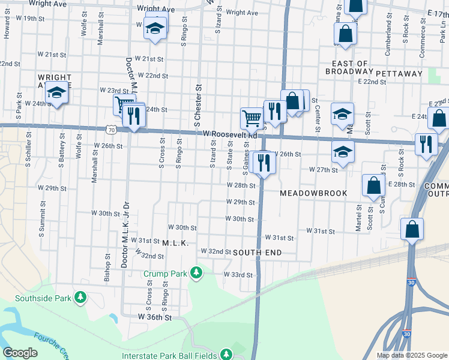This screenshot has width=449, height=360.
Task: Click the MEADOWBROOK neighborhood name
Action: tap(314, 193)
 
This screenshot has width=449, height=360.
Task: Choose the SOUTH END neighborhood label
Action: tap(257, 253)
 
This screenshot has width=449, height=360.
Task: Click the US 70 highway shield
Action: tap(110, 129)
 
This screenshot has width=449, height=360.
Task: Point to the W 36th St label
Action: tap(155, 316)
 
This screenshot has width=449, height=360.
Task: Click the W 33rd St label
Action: tap(238, 274)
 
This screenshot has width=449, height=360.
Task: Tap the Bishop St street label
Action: tap(107, 268)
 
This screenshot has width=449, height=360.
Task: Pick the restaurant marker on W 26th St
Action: tap(264, 162)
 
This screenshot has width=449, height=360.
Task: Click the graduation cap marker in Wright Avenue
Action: tap(56, 93)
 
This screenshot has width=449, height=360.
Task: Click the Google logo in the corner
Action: tap(20, 353)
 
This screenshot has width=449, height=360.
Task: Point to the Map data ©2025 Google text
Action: tap(411, 355)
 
